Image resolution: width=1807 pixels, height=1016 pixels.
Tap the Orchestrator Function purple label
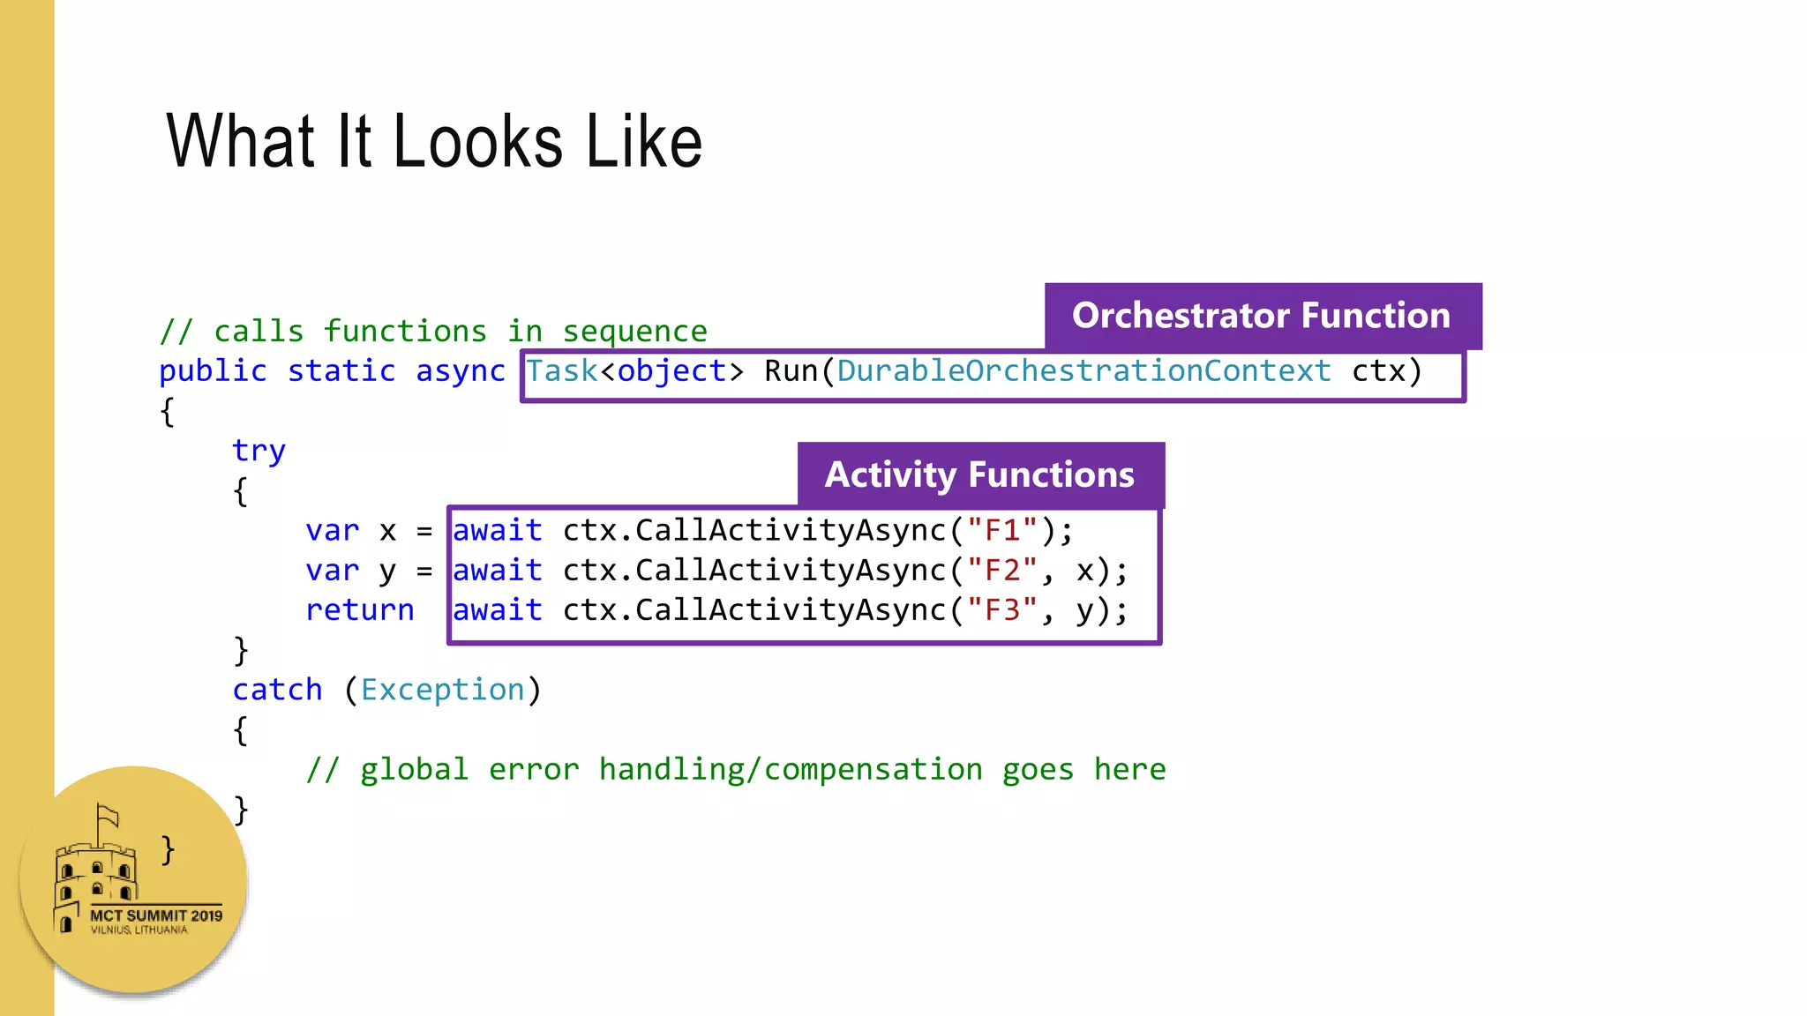(1262, 316)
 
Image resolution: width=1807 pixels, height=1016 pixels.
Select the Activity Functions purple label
(979, 475)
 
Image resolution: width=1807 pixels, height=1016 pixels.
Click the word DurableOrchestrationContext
(1083, 371)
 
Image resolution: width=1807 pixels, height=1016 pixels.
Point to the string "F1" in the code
(1002, 531)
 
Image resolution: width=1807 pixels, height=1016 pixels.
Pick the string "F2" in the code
(1002, 571)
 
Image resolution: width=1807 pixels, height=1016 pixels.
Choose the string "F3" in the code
(1002, 610)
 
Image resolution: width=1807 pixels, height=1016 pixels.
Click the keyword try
(259, 451)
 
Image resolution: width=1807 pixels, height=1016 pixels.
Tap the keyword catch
(277, 690)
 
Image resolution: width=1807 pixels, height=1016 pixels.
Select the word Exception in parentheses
(442, 690)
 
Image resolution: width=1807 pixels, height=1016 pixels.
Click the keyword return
(359, 610)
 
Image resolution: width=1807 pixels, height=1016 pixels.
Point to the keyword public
(213, 371)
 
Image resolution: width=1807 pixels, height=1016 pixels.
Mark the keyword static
(341, 371)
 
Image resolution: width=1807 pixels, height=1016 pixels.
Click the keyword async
(460, 371)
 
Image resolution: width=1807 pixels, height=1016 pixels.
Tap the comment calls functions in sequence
(433, 332)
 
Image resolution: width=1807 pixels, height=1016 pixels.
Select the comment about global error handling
(736, 770)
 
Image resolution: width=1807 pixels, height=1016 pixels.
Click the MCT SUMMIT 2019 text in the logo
(156, 915)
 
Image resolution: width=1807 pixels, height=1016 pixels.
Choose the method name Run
(791, 371)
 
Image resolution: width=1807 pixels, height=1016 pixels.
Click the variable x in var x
(387, 532)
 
